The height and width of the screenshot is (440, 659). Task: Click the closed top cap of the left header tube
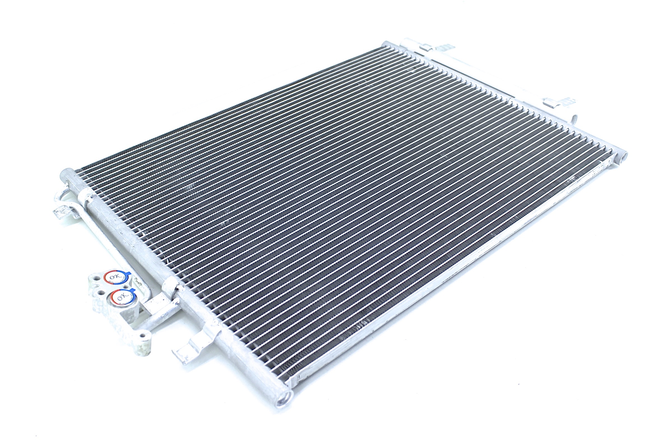pos(67,174)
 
